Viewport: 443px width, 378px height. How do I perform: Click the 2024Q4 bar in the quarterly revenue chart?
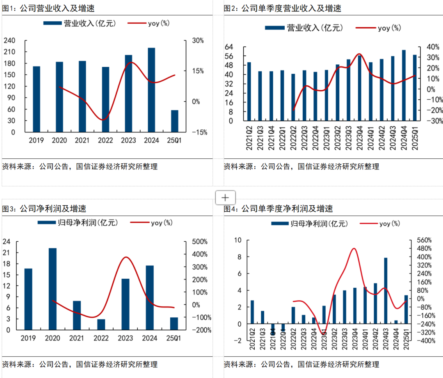coord(404,85)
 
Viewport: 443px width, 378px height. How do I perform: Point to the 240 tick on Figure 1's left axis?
coord(9,41)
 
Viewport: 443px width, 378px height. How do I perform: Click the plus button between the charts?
coord(225,197)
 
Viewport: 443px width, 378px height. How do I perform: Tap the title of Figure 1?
coord(48,8)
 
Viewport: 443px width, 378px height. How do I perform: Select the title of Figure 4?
coord(278,209)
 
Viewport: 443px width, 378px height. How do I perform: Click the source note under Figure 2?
coord(301,167)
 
